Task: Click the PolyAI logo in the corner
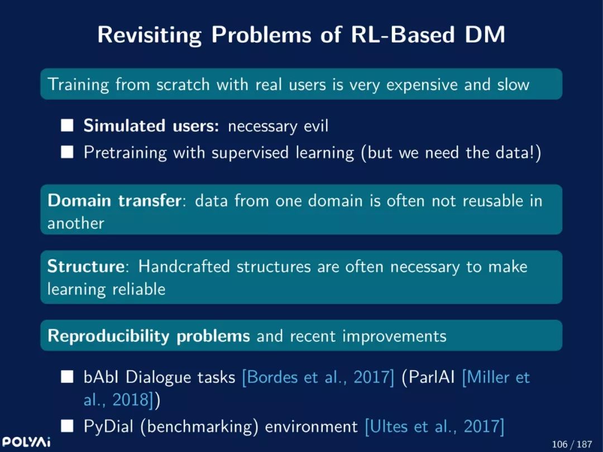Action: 26,441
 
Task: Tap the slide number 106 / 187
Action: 572,444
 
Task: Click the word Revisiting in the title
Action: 149,35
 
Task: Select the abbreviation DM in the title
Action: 485,34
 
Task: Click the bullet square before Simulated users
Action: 67,125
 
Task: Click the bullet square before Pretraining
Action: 67,152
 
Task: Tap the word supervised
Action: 250,153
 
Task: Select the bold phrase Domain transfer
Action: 114,201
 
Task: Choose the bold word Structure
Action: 85,266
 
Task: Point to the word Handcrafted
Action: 184,266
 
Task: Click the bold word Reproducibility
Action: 108,336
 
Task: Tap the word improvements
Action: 394,336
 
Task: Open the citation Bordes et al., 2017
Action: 318,377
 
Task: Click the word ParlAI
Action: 432,377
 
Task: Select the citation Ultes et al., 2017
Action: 434,427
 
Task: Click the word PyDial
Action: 108,427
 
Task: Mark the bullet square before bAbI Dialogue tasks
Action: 67,377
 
